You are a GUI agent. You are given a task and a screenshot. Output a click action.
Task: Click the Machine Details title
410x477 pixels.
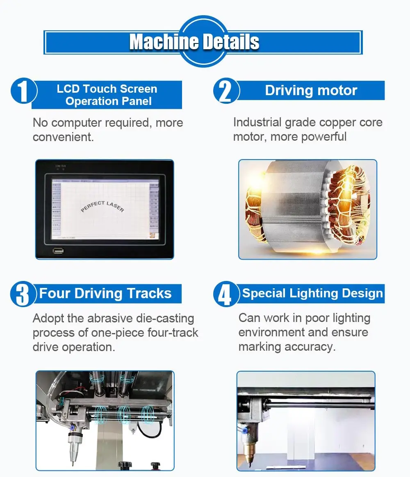pyautogui.click(x=194, y=42)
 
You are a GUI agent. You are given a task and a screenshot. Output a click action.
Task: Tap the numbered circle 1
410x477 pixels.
pyautogui.click(x=23, y=91)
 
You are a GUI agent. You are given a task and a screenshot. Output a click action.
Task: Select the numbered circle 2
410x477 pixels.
pyautogui.click(x=225, y=91)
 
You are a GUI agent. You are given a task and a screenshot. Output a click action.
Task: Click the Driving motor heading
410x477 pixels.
pyautogui.click(x=311, y=90)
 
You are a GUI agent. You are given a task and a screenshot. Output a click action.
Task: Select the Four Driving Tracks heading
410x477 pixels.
pyautogui.click(x=105, y=294)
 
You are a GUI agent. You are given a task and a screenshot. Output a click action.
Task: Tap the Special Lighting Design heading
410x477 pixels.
pyautogui.click(x=312, y=294)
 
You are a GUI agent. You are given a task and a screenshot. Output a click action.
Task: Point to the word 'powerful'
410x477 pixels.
pyautogui.click(x=324, y=137)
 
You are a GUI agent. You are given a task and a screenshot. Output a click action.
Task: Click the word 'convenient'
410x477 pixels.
pyautogui.click(x=63, y=137)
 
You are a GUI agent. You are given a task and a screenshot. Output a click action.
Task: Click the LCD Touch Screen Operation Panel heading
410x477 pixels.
pyautogui.click(x=107, y=95)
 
